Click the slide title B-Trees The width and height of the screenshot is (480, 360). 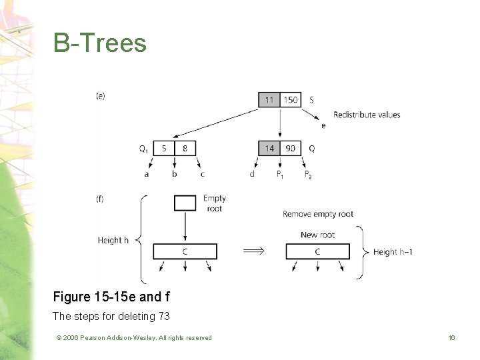(x=100, y=43)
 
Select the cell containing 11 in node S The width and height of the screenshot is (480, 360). (x=269, y=100)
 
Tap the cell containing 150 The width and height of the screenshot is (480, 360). (x=291, y=100)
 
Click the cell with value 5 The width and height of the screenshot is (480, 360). (x=164, y=148)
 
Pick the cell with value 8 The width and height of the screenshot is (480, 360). (x=185, y=148)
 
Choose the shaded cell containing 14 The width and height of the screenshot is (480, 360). (x=269, y=148)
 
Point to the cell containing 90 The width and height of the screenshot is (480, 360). (x=291, y=148)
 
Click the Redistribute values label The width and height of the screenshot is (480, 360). (x=367, y=115)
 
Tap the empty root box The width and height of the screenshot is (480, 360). (x=185, y=203)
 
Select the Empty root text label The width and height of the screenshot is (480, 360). (x=215, y=203)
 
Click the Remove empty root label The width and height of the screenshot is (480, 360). (x=318, y=214)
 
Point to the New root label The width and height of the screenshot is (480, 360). (x=317, y=235)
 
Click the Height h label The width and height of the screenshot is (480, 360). (x=113, y=240)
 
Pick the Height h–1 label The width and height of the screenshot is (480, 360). (x=393, y=251)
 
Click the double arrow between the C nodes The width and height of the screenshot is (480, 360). (x=252, y=251)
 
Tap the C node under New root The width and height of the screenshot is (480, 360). (x=317, y=251)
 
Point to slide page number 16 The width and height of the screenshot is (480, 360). (x=451, y=338)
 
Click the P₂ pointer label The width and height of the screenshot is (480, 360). (x=307, y=175)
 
